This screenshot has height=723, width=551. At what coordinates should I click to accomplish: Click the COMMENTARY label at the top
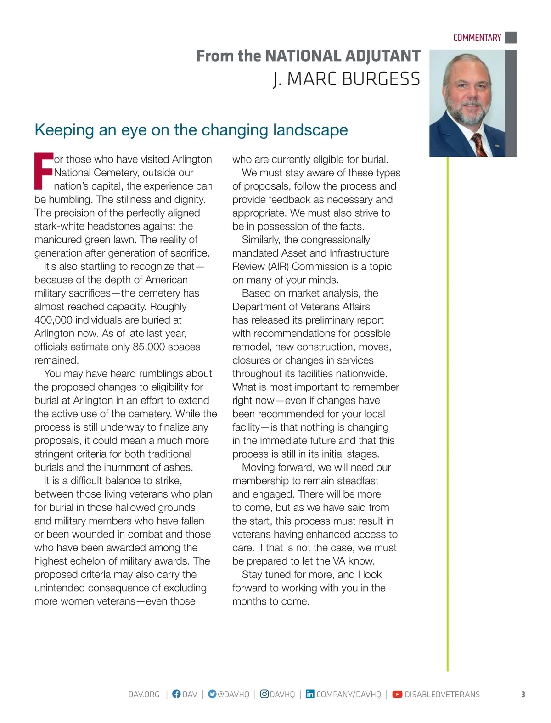477,38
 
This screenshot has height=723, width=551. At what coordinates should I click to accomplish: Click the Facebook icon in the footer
176,694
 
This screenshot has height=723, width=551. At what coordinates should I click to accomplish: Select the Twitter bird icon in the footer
212,694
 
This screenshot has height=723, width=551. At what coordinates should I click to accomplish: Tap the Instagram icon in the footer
264,694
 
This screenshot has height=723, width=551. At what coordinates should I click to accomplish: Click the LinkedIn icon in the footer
310,694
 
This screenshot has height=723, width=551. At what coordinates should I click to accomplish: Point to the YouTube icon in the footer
397,694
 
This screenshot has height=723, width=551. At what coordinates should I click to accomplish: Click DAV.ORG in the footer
144,695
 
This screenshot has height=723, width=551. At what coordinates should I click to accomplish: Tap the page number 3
523,695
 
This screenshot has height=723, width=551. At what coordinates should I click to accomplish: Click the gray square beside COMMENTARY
511,38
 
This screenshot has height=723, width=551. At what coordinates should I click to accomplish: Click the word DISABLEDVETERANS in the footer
442,695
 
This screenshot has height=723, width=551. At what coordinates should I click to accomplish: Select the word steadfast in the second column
358,481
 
